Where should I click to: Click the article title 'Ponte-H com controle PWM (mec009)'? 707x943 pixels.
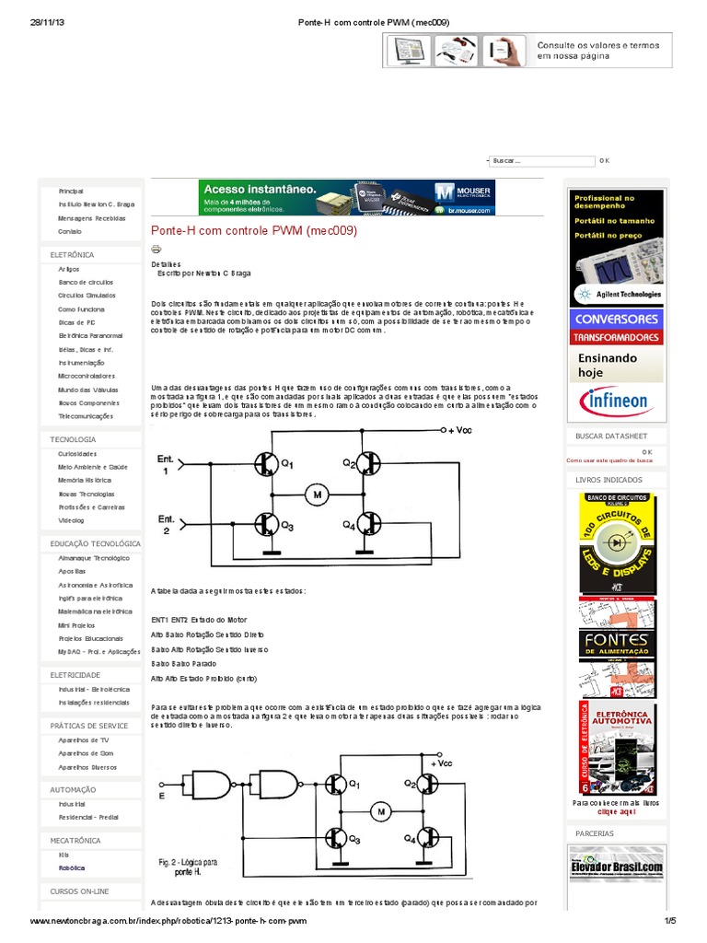(x=253, y=230)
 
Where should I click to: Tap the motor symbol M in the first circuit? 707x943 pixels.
(x=318, y=495)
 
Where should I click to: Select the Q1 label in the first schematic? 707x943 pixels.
(x=286, y=465)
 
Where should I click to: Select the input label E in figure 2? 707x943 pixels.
(x=161, y=796)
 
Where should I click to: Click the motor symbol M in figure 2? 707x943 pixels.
(x=380, y=811)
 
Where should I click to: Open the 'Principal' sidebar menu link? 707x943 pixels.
(x=71, y=190)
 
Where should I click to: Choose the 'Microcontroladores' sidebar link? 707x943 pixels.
(x=87, y=376)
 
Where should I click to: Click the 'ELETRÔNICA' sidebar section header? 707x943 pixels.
(x=72, y=253)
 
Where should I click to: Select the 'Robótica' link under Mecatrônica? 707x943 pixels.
(x=72, y=867)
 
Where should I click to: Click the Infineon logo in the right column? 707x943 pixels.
(x=617, y=402)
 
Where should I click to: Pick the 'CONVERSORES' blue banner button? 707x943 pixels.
(x=617, y=319)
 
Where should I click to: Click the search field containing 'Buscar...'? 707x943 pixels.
(x=541, y=161)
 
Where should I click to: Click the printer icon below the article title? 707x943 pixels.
(x=156, y=249)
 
